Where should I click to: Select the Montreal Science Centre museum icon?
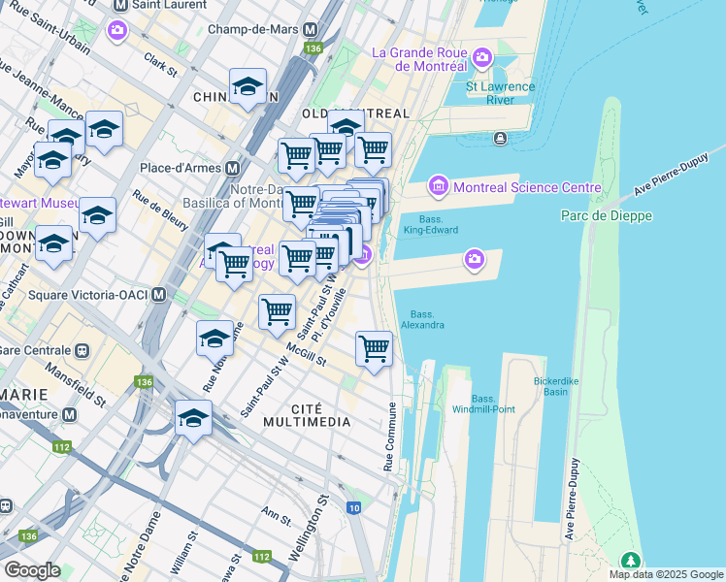pos(437,186)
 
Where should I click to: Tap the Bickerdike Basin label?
pos(555,386)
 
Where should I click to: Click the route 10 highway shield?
pos(353,507)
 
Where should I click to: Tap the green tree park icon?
pos(631,561)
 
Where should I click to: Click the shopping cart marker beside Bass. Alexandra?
pos(374,349)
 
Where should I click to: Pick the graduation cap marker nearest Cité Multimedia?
pos(193,420)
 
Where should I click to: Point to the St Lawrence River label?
pos(500,93)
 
